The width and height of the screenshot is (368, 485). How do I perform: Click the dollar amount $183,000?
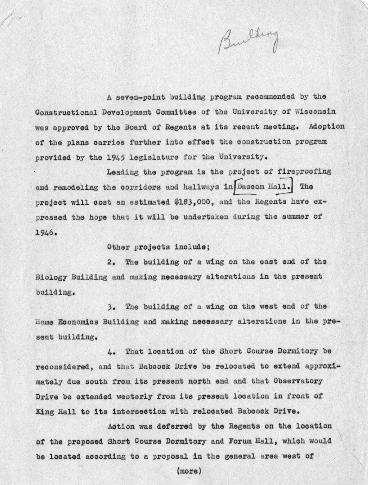(193, 202)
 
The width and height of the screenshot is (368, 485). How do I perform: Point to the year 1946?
(47, 232)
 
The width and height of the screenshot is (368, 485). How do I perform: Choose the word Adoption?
(326, 127)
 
